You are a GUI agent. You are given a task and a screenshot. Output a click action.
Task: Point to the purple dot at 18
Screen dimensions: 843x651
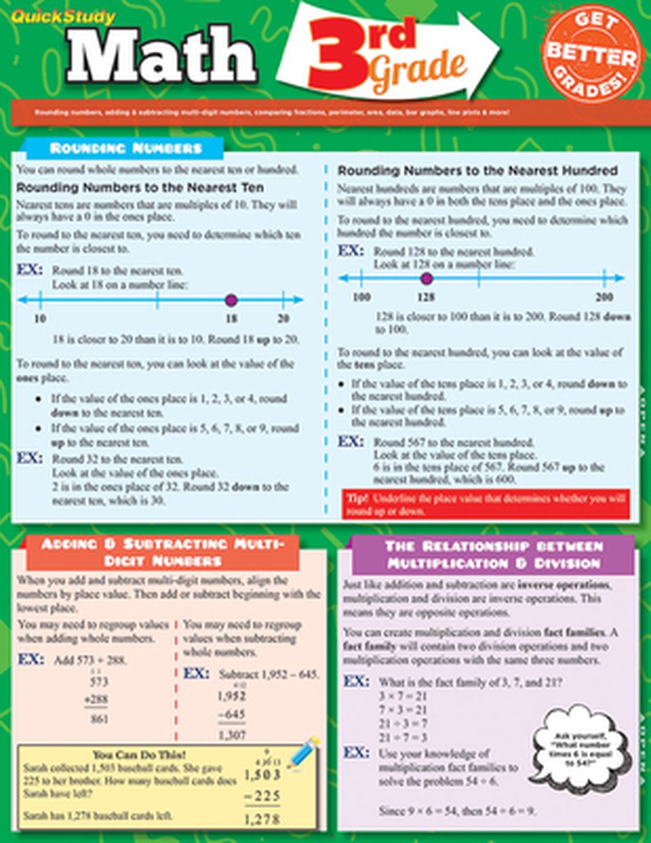pyautogui.click(x=231, y=301)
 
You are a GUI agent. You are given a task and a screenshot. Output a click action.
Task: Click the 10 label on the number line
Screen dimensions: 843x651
pyautogui.click(x=41, y=319)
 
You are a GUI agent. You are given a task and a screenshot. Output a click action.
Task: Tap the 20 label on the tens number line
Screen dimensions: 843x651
pyautogui.click(x=282, y=319)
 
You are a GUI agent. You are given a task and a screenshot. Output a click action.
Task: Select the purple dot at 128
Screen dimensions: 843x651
pyautogui.click(x=425, y=279)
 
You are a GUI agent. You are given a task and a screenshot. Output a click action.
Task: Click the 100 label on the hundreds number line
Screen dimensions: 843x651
pyautogui.click(x=361, y=297)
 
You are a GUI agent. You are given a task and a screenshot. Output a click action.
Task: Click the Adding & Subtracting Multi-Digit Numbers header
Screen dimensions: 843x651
pyautogui.click(x=163, y=552)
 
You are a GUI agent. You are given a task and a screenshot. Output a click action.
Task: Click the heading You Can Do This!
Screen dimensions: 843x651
pyautogui.click(x=139, y=754)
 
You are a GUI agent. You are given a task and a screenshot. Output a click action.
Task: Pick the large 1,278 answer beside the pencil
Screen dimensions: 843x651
pyautogui.click(x=263, y=818)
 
